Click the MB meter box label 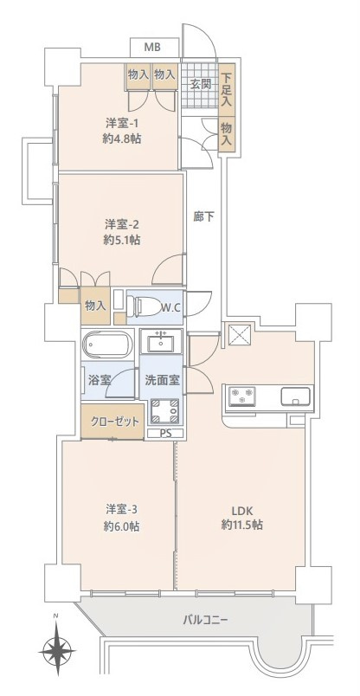(152, 48)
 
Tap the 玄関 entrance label (201, 84)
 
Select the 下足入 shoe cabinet (227, 89)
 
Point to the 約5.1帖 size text (122, 240)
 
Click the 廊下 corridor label (203, 216)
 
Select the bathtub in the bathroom (108, 345)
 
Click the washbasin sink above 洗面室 (161, 342)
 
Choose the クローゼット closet (112, 422)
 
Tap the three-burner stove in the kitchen (242, 396)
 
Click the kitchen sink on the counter (295, 396)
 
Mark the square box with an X (239, 336)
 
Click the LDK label (242, 510)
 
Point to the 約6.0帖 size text (122, 526)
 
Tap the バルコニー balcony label (205, 620)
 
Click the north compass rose (56, 650)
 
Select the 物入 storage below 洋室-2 (95, 306)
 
